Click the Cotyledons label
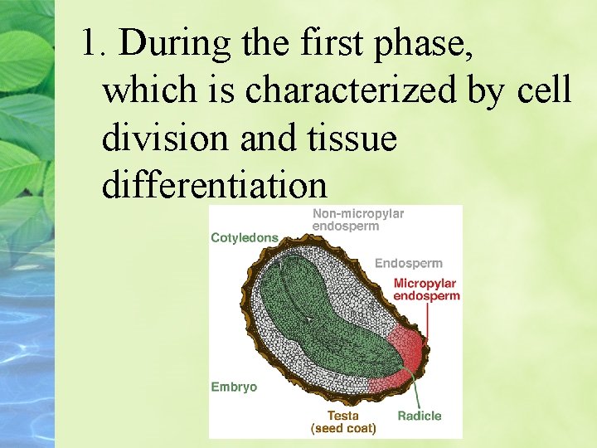[x=245, y=238]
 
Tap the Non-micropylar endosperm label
[x=357, y=220]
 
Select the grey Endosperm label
[x=408, y=263]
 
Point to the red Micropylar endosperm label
[x=426, y=290]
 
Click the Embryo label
[x=234, y=387]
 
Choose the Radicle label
[x=419, y=416]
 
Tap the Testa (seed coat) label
[x=343, y=422]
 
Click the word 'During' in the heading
[x=172, y=42]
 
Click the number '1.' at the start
[x=95, y=42]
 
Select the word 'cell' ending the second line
[x=544, y=90]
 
